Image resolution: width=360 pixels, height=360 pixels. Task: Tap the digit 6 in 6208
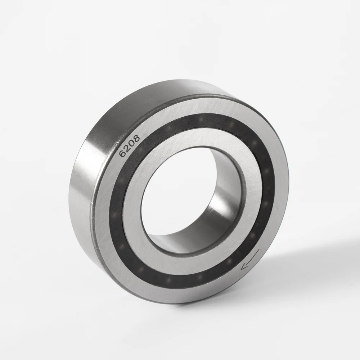pos(123,153)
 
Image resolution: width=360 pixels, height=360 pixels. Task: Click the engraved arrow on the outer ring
pos(250,260)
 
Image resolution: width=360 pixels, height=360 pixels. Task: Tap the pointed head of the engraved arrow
pos(243,267)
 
